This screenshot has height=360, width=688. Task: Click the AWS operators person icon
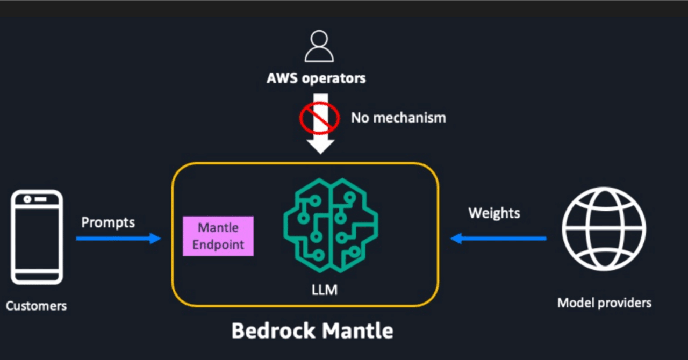pyautogui.click(x=319, y=47)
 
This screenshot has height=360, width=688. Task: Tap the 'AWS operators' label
pyautogui.click(x=316, y=78)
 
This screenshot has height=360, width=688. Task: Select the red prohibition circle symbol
pyautogui.click(x=319, y=117)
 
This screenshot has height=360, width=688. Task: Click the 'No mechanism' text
pyautogui.click(x=398, y=118)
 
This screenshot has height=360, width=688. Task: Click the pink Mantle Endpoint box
pyautogui.click(x=218, y=236)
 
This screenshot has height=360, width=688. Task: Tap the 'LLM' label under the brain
pyautogui.click(x=325, y=290)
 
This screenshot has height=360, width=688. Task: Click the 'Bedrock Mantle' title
pyautogui.click(x=312, y=330)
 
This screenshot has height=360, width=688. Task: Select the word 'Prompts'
pyautogui.click(x=108, y=222)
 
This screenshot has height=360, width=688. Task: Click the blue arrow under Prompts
pyautogui.click(x=118, y=238)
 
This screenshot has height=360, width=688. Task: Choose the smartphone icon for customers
pyautogui.click(x=37, y=237)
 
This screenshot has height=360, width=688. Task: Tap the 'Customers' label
pyautogui.click(x=37, y=306)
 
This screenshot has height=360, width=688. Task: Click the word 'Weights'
pyautogui.click(x=494, y=213)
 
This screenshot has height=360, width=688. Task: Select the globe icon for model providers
pyautogui.click(x=604, y=229)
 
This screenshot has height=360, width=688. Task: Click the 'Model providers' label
pyautogui.click(x=604, y=303)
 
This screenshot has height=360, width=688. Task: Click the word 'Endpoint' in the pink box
pyautogui.click(x=218, y=244)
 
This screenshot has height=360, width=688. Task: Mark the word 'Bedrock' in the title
pyautogui.click(x=273, y=330)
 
